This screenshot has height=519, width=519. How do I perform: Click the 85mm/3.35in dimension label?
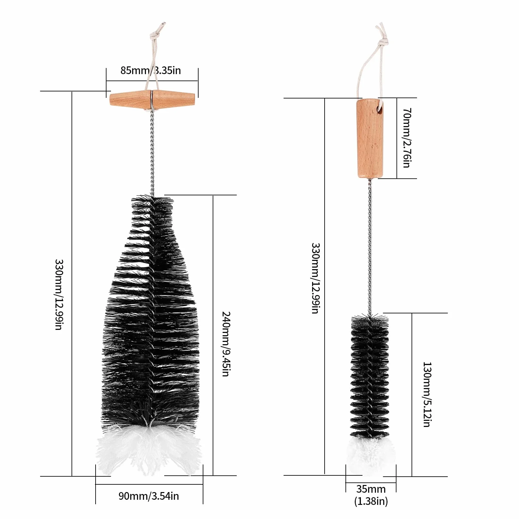[x=150, y=70]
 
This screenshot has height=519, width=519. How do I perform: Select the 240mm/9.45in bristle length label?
[x=226, y=344]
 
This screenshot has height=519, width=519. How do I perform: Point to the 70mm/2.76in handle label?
[x=407, y=138]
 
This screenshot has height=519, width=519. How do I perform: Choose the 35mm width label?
[x=371, y=489]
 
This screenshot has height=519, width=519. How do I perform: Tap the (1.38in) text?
[x=371, y=501]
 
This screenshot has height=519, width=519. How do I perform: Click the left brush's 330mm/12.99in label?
[x=59, y=294]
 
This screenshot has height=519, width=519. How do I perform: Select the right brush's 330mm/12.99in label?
[x=316, y=278]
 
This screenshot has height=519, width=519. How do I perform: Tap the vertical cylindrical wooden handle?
[x=370, y=138]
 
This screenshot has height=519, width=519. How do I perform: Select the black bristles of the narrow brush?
[x=370, y=377]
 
